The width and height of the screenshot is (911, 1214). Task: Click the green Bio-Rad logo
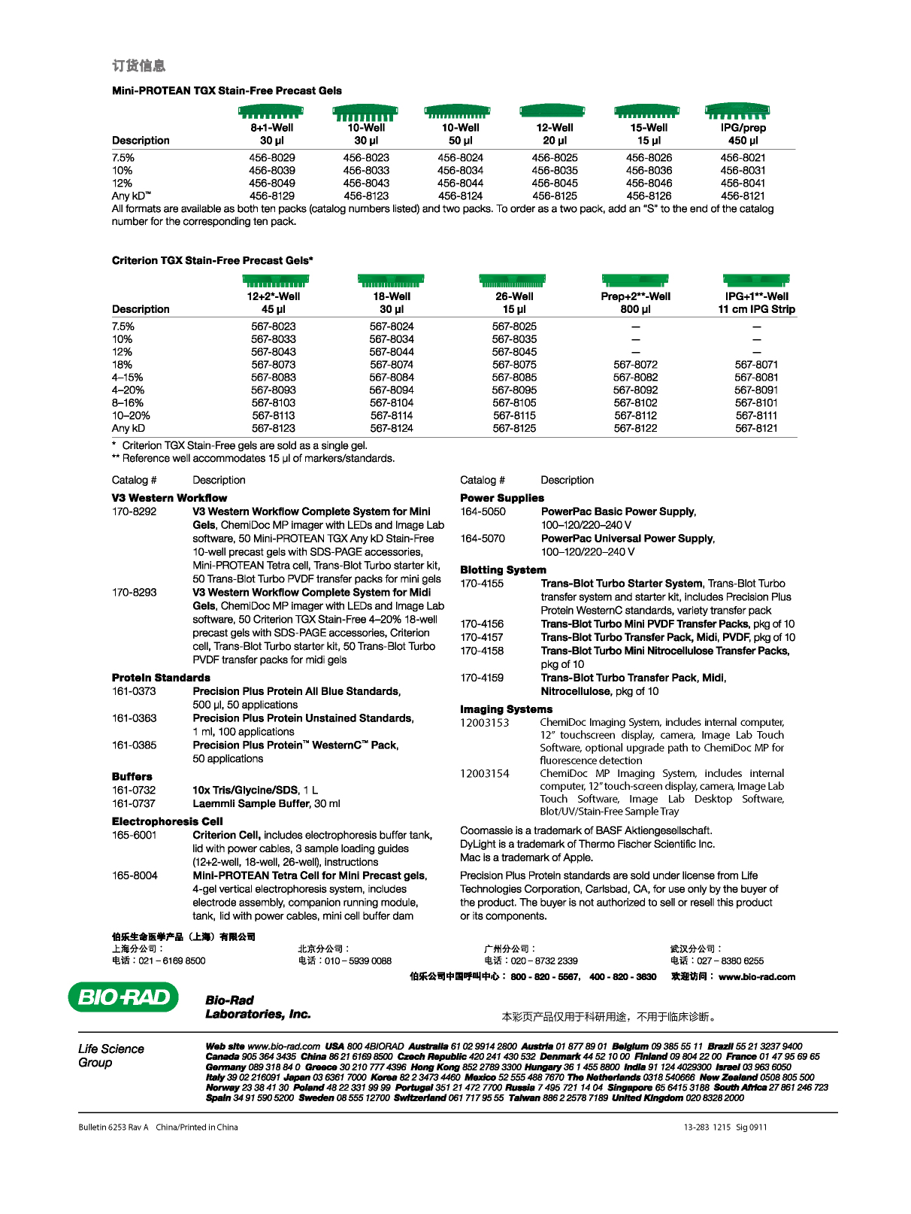click(x=123, y=997)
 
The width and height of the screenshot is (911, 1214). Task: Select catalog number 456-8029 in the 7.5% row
click(x=272, y=158)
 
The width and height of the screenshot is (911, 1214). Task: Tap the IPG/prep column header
click(x=743, y=134)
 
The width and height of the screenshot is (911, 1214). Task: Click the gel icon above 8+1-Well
click(x=271, y=113)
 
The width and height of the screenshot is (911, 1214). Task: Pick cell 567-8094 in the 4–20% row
click(x=391, y=390)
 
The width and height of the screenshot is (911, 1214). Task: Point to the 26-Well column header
click(x=514, y=302)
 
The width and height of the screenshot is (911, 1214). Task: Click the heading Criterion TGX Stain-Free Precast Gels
click(x=212, y=260)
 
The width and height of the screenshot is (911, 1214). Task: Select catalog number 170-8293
click(x=135, y=593)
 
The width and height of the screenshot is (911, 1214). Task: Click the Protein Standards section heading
click(x=161, y=678)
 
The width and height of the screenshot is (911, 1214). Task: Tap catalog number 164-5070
click(x=483, y=539)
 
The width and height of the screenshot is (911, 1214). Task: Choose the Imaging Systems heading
click(x=506, y=709)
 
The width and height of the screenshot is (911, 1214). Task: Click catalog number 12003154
click(x=485, y=773)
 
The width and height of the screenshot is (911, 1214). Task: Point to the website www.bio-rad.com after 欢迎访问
click(x=756, y=977)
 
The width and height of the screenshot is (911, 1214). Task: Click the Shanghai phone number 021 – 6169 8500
click(x=172, y=961)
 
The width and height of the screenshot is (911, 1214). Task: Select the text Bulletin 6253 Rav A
click(x=113, y=1127)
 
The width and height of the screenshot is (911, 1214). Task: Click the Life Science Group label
click(x=110, y=1055)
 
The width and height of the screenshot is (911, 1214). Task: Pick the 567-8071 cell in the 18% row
click(x=756, y=365)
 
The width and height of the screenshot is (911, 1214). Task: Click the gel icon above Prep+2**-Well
click(x=635, y=280)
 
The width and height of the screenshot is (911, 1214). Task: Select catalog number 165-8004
click(x=135, y=876)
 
